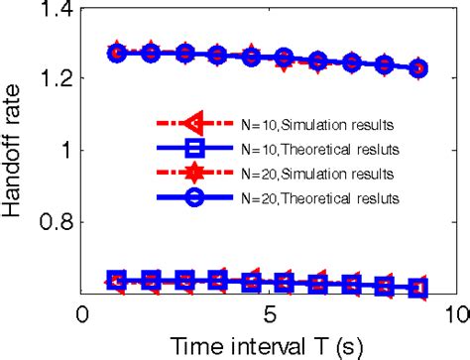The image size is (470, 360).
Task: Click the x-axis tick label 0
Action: [83, 314]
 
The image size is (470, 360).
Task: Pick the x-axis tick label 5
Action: [269, 314]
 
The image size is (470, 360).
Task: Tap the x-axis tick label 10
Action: [452, 314]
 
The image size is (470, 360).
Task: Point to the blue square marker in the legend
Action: [194, 149]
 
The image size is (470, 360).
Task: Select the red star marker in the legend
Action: [194, 174]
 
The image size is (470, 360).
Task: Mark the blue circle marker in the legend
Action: [194, 198]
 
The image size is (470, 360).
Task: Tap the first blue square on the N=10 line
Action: [117, 280]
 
